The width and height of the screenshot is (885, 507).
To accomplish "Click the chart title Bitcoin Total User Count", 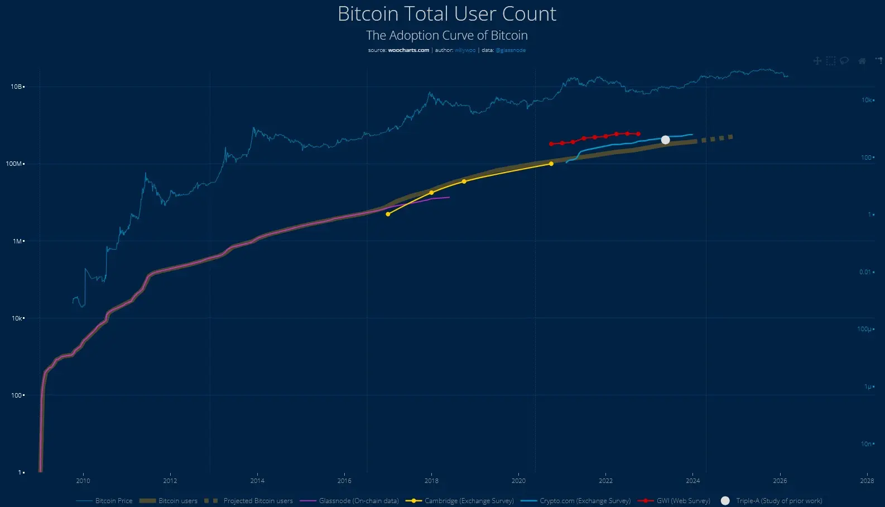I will [x=446, y=14].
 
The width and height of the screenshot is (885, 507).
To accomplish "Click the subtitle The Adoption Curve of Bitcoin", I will [x=446, y=35].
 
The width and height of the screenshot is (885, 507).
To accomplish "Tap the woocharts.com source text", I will [x=408, y=50].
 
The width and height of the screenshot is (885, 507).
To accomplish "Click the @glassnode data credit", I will [x=510, y=50].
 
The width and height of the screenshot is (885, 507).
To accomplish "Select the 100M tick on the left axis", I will [x=15, y=164].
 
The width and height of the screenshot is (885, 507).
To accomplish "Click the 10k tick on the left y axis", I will [x=17, y=318].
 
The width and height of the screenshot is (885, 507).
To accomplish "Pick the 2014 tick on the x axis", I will [x=257, y=481].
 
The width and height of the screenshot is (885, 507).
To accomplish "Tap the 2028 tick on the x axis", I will [x=867, y=481].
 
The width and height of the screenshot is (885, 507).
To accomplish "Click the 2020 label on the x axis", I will [x=518, y=481].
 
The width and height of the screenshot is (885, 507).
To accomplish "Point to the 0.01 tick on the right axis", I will [x=865, y=272].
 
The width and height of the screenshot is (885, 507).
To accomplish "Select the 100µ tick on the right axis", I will [x=864, y=329].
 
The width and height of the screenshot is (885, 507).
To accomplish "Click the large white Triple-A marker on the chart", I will [x=665, y=140].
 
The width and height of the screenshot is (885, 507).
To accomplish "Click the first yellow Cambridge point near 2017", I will [x=388, y=214].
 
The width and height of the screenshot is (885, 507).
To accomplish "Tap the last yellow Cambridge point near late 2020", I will [x=551, y=164].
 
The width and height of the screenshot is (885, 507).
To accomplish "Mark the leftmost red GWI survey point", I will [x=551, y=144].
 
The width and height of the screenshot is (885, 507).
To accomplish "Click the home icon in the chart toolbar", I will [x=862, y=61].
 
